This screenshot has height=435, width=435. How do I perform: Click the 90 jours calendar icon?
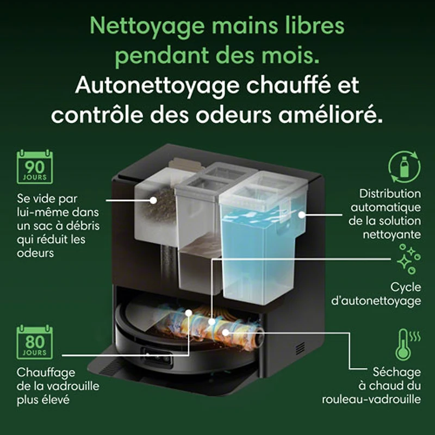pos(35,167)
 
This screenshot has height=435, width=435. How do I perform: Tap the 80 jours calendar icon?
pos(35,342)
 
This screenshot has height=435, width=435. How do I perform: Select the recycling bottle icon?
pos(404,166)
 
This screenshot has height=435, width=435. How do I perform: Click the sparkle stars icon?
pos(408,259)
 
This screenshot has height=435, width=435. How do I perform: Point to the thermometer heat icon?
pos(407,345)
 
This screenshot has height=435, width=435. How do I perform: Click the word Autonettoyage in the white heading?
pos(157,86)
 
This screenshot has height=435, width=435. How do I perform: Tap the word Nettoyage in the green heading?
pos(147,26)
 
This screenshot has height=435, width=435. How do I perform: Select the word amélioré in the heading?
pos(331,115)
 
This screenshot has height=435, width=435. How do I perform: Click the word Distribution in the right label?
pos(390,194)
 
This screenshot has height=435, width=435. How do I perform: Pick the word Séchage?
pos(397,372)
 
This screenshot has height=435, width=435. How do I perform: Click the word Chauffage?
pos(46,373)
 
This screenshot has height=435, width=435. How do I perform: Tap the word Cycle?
pos(406,288)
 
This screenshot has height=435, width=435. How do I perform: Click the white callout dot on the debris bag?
pos(153,200)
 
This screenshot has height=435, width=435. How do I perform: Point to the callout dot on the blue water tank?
pos(301,214)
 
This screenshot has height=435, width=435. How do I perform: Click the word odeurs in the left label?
pos(35,253)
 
